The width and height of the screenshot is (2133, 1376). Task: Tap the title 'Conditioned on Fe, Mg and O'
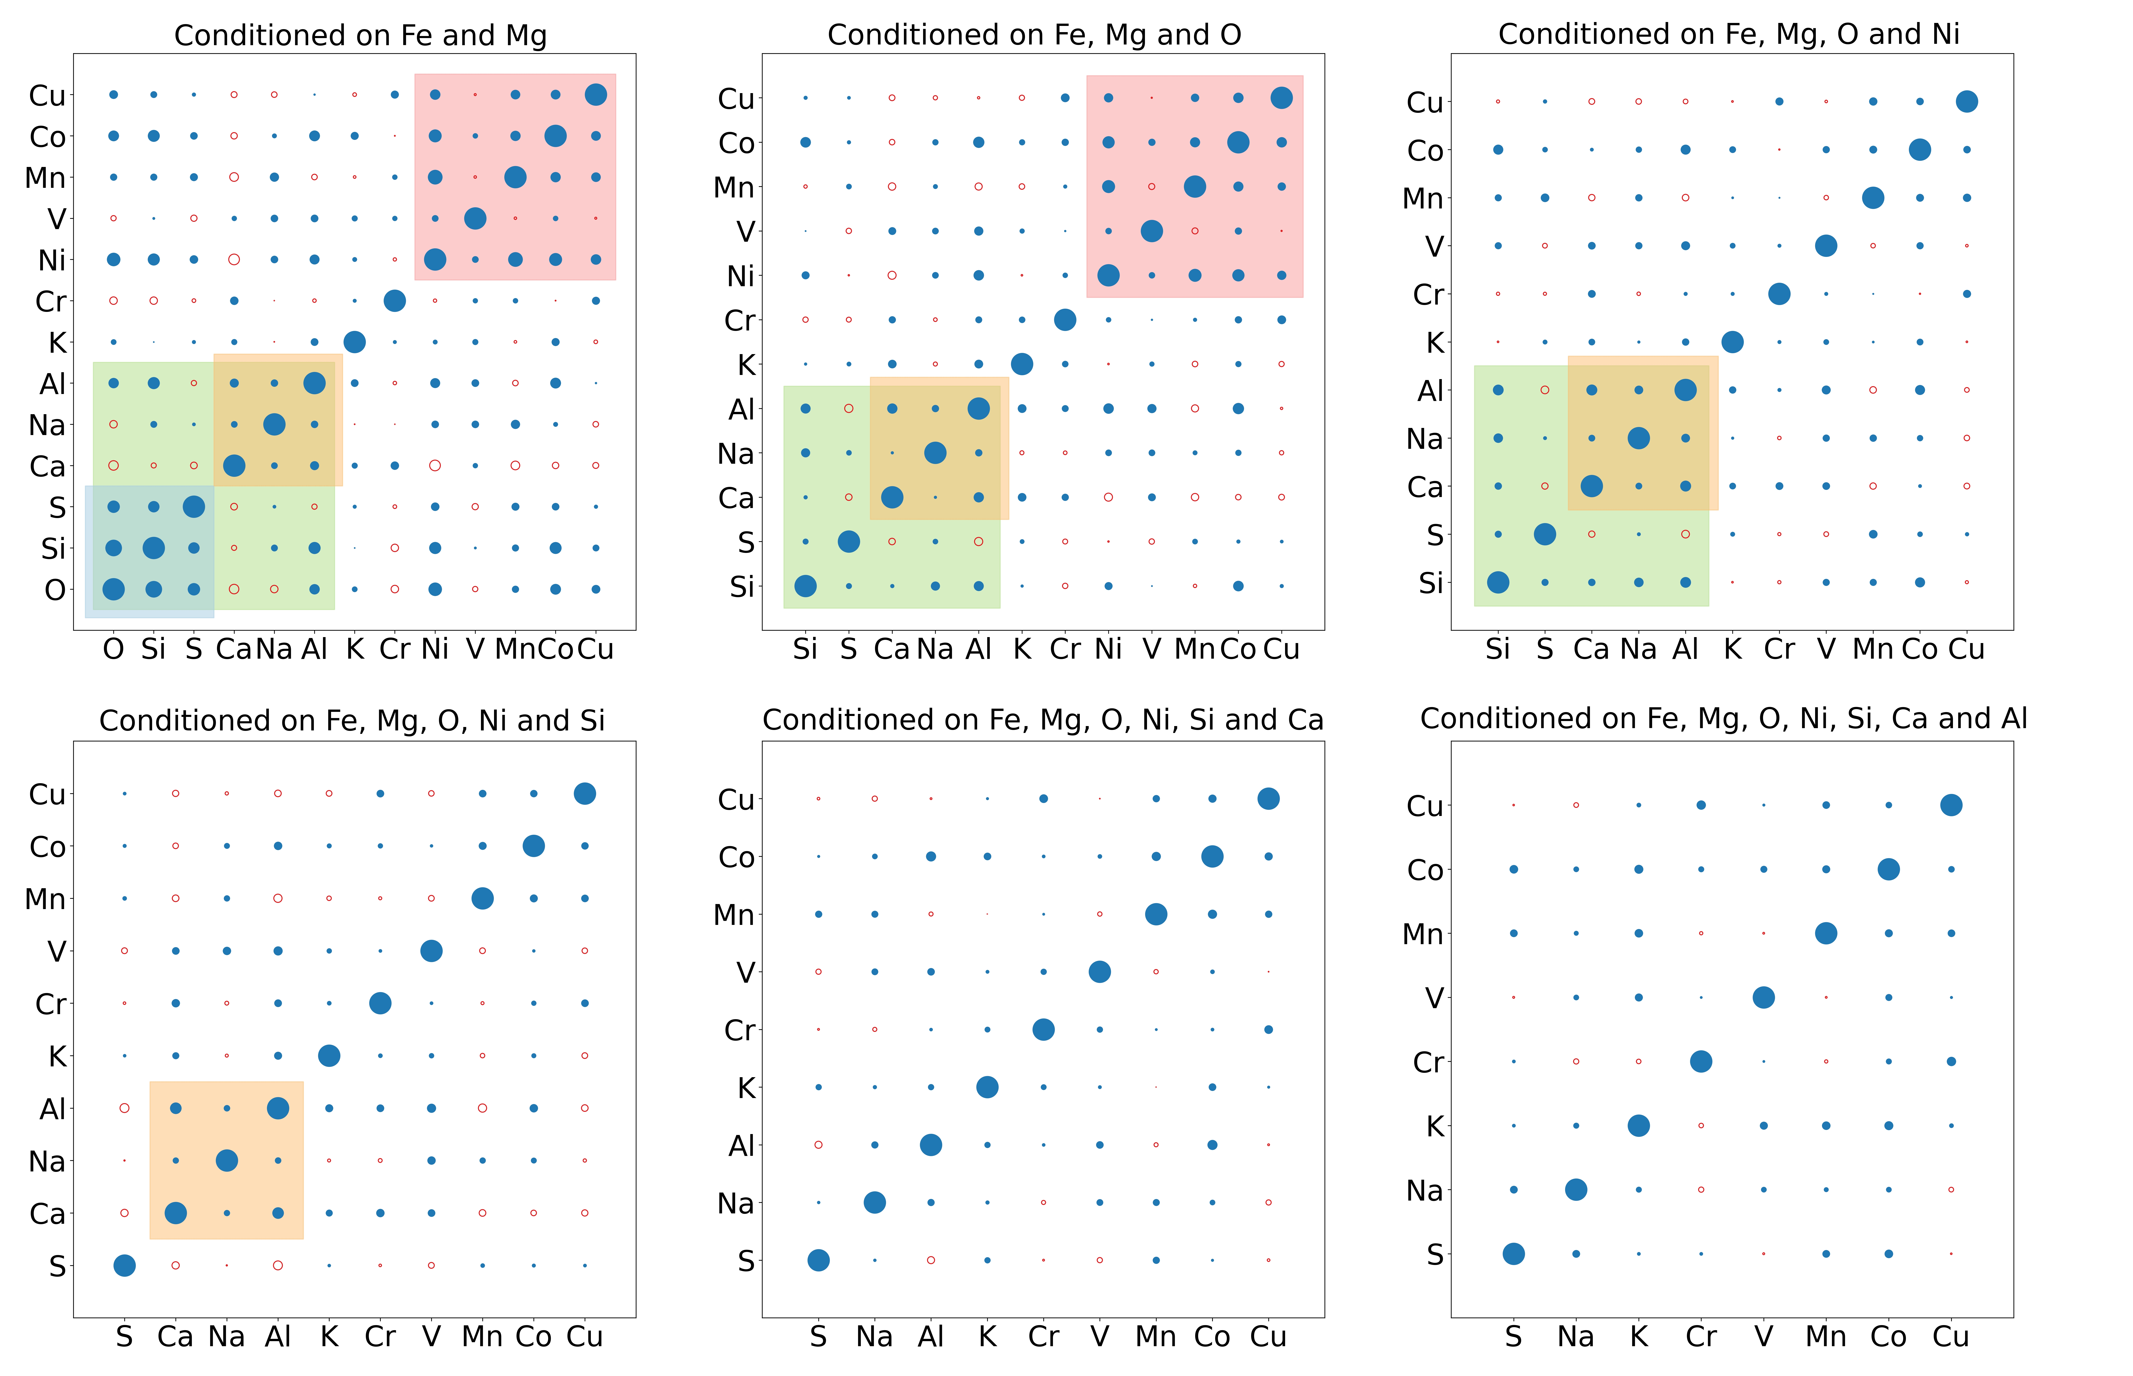[1034, 35]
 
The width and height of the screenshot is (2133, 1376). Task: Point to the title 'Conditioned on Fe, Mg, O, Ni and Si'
[352, 720]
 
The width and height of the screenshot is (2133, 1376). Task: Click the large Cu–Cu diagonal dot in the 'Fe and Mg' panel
[595, 95]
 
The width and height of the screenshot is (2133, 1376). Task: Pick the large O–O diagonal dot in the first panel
[114, 589]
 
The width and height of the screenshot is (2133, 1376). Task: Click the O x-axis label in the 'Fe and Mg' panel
[114, 649]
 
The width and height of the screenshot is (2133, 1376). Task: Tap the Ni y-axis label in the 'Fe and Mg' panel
[52, 260]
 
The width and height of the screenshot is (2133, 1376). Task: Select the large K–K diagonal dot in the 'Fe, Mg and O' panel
[1021, 364]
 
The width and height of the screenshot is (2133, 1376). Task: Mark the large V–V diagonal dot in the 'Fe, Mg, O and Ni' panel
[1826, 246]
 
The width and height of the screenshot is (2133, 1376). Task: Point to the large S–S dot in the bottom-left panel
[124, 1265]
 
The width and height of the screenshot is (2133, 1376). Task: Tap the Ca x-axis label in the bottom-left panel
[175, 1337]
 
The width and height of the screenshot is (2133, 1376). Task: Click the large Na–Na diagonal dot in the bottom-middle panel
[874, 1203]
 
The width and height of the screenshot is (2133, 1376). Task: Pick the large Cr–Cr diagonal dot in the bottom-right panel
[1700, 1062]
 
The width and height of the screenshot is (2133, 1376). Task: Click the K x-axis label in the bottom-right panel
[1638, 1337]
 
